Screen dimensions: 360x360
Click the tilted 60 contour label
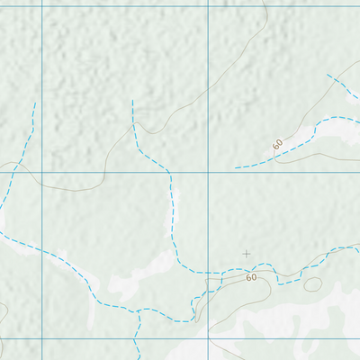(x=277, y=144)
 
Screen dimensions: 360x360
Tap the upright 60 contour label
(x=251, y=277)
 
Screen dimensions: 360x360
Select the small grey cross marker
(x=247, y=254)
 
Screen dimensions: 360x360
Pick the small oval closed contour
(x=312, y=284)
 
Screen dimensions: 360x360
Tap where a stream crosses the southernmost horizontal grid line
(x=135, y=339)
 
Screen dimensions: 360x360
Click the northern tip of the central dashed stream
(x=132, y=101)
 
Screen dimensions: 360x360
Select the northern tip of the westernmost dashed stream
(x=34, y=103)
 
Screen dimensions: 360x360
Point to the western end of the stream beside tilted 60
(x=236, y=167)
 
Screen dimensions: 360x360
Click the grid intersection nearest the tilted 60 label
(x=208, y=171)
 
